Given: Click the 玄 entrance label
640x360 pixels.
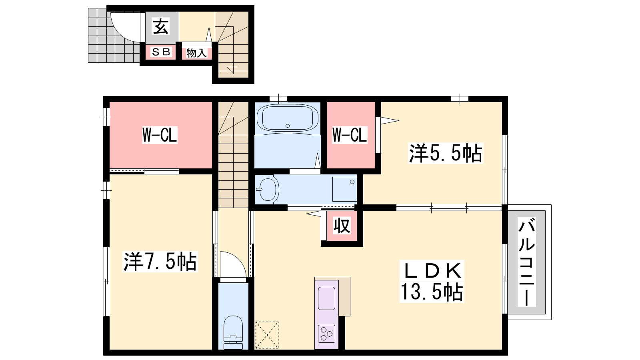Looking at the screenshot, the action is tap(160, 26).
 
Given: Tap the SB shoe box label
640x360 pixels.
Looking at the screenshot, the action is tap(161, 52).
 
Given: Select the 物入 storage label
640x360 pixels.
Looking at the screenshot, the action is tap(196, 53).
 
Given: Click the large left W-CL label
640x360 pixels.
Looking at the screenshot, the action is tap(160, 135).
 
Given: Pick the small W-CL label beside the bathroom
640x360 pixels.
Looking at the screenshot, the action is tap(350, 135).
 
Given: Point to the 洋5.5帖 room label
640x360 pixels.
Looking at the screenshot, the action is tap(446, 153).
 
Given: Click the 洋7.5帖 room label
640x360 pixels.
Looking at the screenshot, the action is tap(160, 262).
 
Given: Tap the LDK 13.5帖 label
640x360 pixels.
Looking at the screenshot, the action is tap(432, 281).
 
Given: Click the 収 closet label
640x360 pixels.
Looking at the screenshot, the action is tap(342, 226).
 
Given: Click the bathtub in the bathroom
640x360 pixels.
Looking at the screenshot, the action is tap(288, 118).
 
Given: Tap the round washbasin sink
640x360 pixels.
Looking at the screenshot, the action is tap(268, 189).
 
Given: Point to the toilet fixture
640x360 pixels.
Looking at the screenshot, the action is tap(233, 332).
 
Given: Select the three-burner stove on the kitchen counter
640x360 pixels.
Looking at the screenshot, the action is tap(326, 334).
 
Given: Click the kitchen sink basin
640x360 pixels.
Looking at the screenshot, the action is tap(326, 298).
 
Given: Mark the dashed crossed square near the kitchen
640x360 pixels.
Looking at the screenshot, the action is tap(267, 335).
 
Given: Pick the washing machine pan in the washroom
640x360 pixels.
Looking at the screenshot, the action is tap(344, 189).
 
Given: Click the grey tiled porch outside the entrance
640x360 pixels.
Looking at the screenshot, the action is tap(114, 36).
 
